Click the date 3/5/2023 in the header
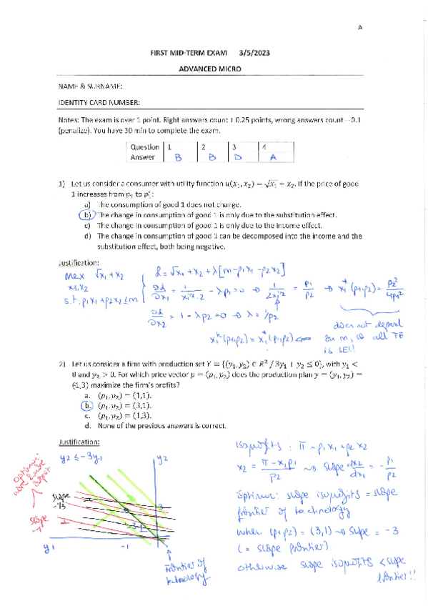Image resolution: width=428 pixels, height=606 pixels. (255, 53)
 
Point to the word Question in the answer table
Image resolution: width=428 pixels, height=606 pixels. (144, 146)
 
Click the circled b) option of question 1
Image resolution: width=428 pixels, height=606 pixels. (87, 214)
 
